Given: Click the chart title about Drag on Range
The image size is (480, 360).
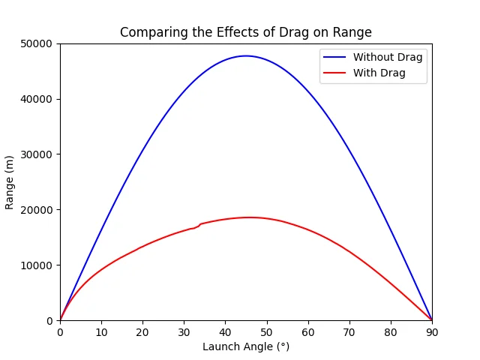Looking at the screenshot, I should (245, 32).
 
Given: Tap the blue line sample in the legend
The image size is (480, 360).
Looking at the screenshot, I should (334, 57).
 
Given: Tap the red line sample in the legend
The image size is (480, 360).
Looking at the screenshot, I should (334, 73).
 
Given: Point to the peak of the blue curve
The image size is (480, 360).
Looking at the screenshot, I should (245, 55).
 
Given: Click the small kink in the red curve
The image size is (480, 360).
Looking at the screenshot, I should (197, 226).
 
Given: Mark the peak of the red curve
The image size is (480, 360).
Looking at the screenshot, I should (249, 217).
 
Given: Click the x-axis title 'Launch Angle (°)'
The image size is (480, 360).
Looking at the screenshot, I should (245, 347).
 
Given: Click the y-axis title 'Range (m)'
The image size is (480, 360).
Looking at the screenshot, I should (10, 182).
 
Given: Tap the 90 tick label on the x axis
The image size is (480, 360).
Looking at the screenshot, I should (431, 331).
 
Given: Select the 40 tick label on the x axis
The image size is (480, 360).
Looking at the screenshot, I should (225, 331).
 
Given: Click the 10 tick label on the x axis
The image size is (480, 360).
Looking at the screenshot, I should (101, 331).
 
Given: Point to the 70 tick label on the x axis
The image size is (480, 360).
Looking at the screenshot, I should (349, 331).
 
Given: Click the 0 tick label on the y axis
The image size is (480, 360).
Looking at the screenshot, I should (51, 321).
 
